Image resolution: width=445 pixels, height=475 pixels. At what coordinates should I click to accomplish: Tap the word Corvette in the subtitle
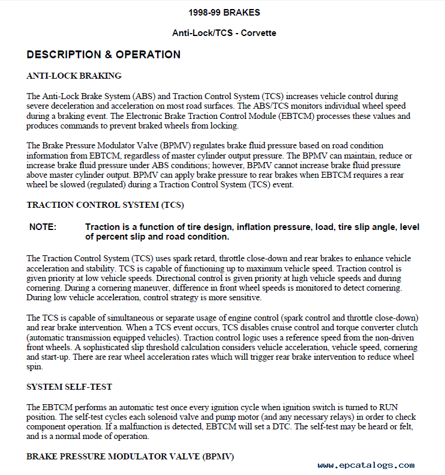[x=258, y=33]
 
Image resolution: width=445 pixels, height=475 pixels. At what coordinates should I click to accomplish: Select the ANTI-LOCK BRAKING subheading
[x=74, y=76]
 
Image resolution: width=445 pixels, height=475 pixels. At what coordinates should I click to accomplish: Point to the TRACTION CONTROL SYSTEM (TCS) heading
[x=105, y=205]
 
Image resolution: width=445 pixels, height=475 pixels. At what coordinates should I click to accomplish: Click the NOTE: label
[x=43, y=227]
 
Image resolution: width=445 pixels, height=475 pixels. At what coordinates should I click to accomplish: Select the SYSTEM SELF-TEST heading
[x=69, y=387]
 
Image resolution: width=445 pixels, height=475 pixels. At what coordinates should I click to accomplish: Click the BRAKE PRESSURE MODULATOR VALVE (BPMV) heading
[x=130, y=456]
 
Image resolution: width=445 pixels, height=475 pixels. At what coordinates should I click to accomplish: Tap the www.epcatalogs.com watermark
[x=366, y=465]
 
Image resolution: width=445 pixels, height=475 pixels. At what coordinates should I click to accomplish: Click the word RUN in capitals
[x=392, y=407]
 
